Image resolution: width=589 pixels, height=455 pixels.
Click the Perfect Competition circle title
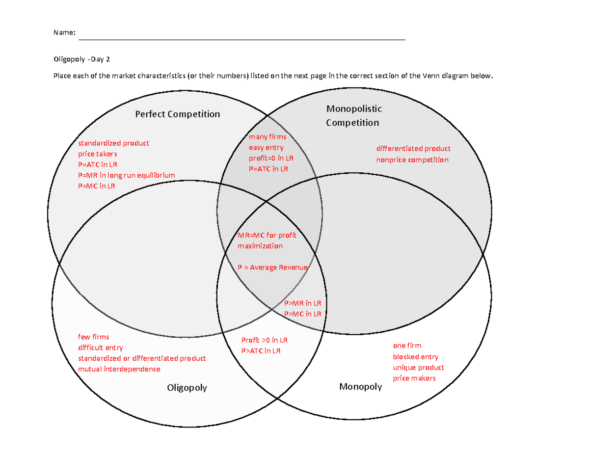(x=178, y=114)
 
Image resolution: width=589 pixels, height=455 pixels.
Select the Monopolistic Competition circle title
(x=353, y=115)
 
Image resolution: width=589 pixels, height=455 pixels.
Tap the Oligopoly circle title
(x=187, y=388)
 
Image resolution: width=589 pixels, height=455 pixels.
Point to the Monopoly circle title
(x=361, y=387)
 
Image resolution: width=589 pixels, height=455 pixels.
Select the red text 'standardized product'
(x=113, y=143)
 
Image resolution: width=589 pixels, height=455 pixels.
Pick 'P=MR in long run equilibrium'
(x=126, y=175)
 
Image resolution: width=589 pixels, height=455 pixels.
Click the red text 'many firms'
(x=268, y=137)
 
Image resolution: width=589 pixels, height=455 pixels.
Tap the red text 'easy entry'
(x=266, y=147)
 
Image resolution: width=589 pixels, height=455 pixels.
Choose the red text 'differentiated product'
(x=413, y=149)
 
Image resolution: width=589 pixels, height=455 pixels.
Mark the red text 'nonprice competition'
(x=412, y=160)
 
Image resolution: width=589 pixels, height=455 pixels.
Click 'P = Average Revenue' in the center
(x=272, y=268)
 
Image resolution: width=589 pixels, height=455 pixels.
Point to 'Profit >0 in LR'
(x=265, y=340)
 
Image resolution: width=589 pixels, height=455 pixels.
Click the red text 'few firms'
(x=94, y=337)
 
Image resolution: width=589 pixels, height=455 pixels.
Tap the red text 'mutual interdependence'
(x=119, y=369)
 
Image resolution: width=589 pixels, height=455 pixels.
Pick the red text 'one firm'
(x=407, y=346)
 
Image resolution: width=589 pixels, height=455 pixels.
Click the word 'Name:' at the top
(x=64, y=33)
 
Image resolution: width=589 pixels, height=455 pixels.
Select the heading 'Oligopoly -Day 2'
(x=82, y=59)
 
